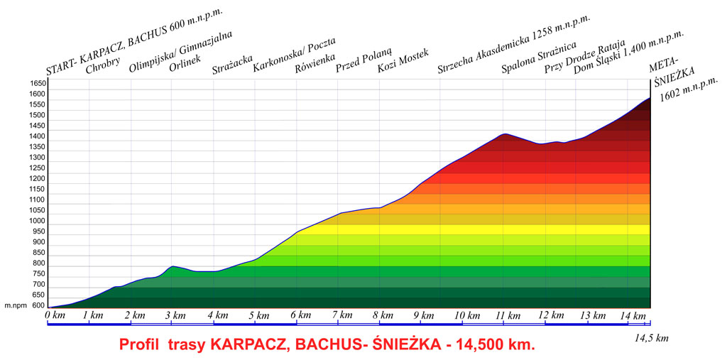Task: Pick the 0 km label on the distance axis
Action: click(x=55, y=315)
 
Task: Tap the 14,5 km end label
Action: click(x=652, y=338)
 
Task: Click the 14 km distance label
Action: click(x=633, y=315)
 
